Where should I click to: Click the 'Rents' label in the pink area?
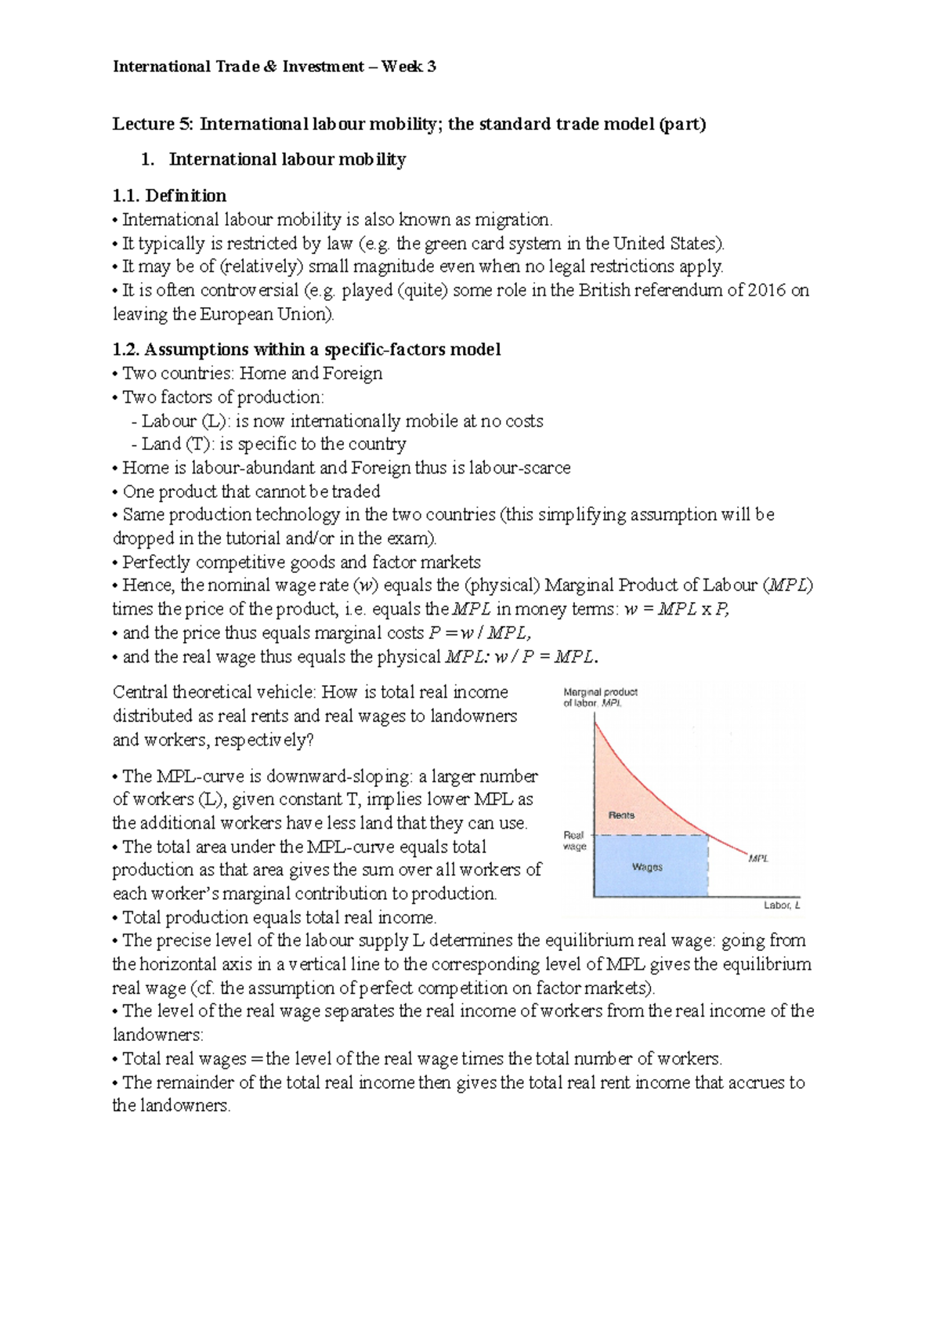[621, 815]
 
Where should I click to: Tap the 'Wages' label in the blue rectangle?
[647, 867]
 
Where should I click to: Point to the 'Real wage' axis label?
[574, 841]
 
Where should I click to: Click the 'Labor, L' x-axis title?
[782, 905]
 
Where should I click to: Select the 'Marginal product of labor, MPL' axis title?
[600, 698]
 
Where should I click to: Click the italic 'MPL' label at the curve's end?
[758, 858]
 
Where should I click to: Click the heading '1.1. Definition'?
[169, 195]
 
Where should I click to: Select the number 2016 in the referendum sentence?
[766, 290]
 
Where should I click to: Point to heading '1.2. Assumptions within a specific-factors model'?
[306, 349]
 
